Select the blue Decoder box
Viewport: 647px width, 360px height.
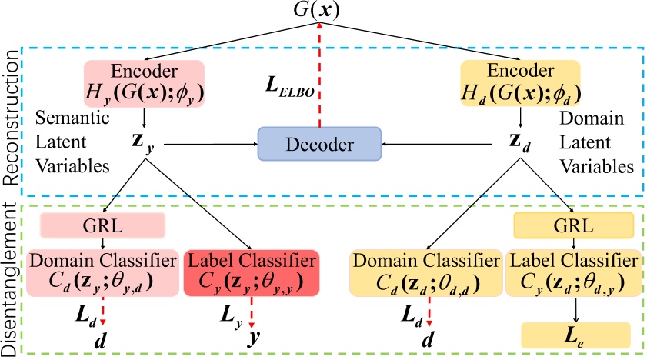click(x=319, y=144)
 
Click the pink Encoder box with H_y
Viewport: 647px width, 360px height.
click(x=143, y=82)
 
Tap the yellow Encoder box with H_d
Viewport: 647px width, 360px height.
click(x=520, y=82)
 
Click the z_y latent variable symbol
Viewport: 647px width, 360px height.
click(x=143, y=144)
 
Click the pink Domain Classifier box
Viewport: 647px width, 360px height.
click(x=102, y=272)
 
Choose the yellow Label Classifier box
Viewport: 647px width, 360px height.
click(x=573, y=272)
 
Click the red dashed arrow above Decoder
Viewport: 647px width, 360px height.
click(x=320, y=77)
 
